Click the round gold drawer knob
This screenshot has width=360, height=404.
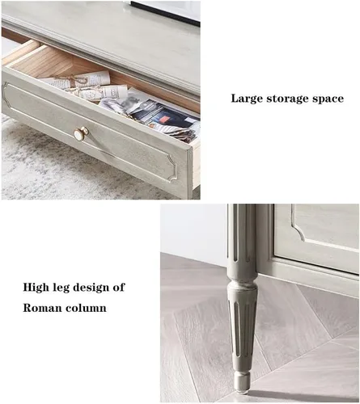tap(81, 134)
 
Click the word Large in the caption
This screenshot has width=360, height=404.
tap(247, 99)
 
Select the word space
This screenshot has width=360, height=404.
tap(328, 99)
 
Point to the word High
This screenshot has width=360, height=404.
tap(36, 288)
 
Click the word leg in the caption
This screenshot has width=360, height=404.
tap(61, 288)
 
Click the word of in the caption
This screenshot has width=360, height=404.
tap(119, 287)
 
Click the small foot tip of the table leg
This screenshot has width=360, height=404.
tap(241, 385)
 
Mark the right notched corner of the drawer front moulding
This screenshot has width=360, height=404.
tap(173, 167)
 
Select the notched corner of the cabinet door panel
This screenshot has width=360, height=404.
tap(299, 233)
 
